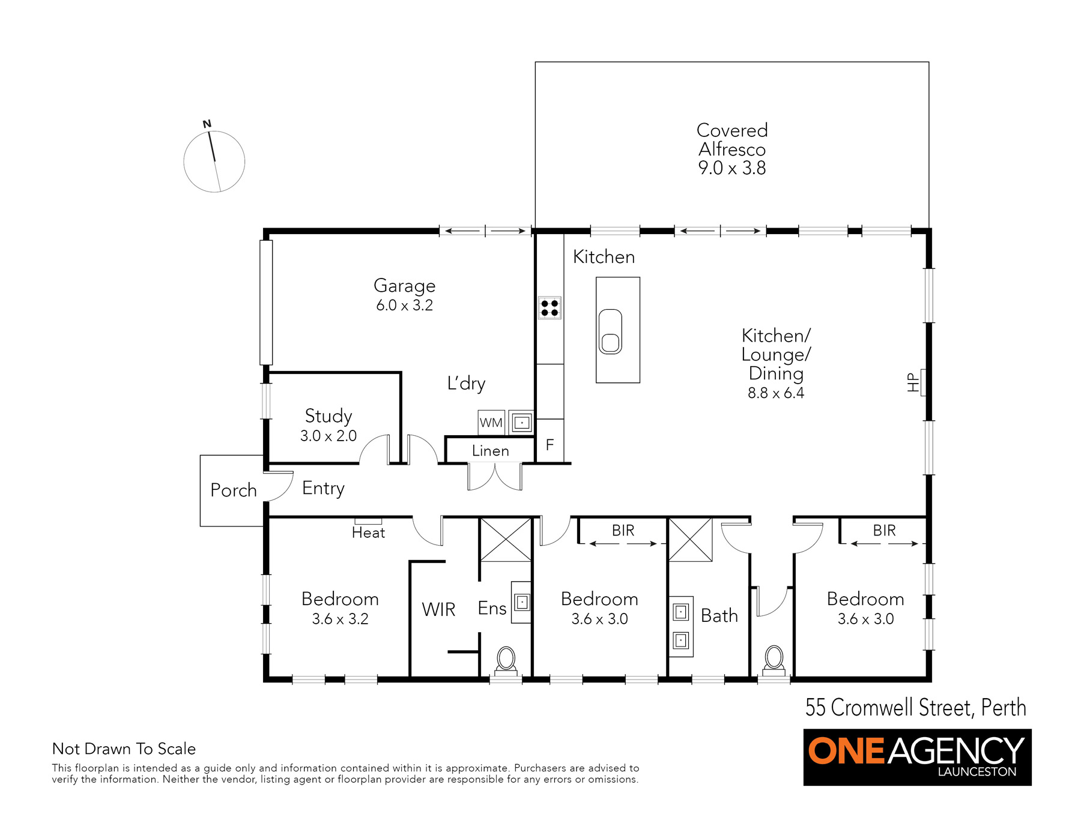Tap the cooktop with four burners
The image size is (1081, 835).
(550, 308)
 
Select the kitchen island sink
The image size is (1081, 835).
(610, 331)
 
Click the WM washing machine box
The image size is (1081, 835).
(491, 423)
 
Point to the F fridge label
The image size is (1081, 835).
(550, 445)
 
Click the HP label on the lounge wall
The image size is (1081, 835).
(913, 382)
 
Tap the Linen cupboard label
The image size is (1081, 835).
(490, 451)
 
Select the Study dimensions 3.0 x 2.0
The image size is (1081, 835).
(329, 436)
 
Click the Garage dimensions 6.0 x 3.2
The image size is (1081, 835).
(404, 305)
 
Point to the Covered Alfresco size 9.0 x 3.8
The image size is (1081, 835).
(732, 168)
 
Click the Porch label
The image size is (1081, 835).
(234, 490)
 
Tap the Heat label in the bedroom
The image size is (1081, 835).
(368, 532)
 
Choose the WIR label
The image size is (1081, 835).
(438, 610)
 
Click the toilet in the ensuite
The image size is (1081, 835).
(506, 661)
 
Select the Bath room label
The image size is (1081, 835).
(719, 616)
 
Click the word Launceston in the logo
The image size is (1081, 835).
(977, 772)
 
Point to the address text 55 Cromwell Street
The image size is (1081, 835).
(889, 708)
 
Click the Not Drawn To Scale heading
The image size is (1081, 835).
(124, 749)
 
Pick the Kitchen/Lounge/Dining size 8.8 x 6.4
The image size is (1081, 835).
(776, 393)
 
